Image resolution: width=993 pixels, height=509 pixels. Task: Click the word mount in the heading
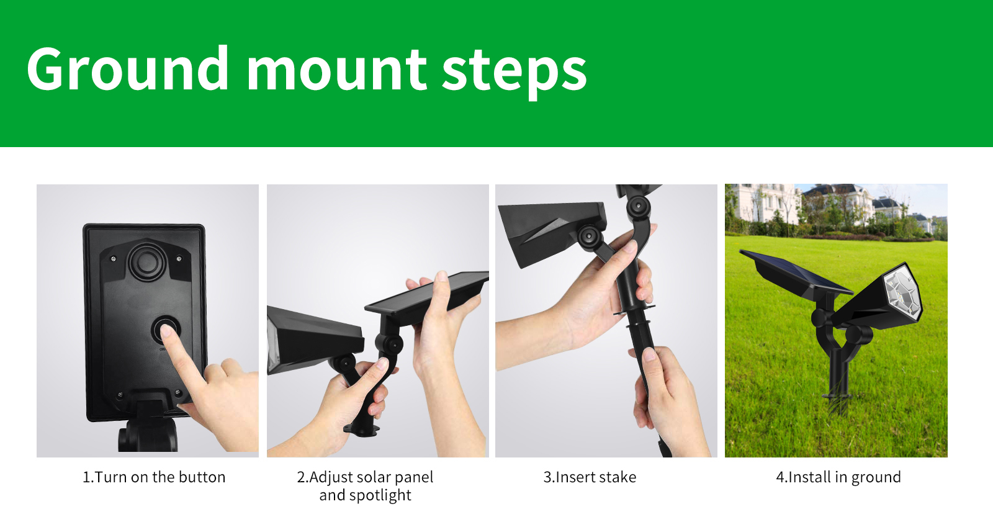tap(336, 70)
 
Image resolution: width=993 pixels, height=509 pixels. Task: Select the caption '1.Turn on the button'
tap(154, 477)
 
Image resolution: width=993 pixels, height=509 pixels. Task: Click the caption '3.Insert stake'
tap(590, 477)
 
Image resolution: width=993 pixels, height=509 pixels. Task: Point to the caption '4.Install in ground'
tap(838, 477)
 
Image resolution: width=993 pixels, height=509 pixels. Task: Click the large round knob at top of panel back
tap(147, 261)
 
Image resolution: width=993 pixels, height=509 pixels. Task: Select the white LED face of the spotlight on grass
tap(903, 295)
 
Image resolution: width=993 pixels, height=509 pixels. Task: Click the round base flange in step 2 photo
tap(362, 429)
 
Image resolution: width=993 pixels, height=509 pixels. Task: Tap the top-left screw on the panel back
tap(114, 258)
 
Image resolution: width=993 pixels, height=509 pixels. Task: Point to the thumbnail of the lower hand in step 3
tap(650, 354)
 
